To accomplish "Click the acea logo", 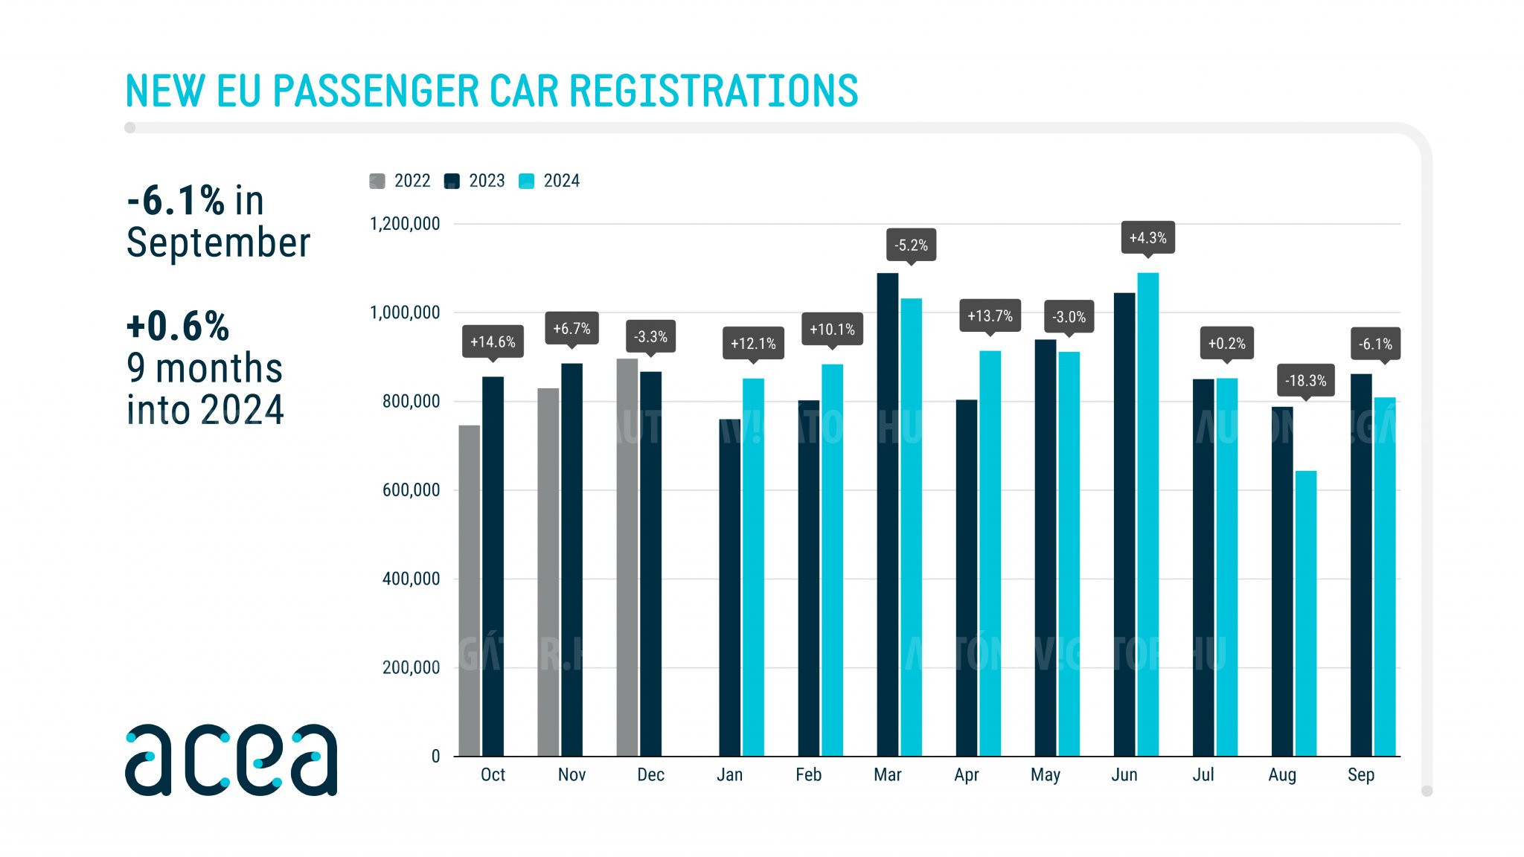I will [x=231, y=760].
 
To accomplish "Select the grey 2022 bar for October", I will [x=469, y=591].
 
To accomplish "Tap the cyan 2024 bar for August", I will [x=1305, y=613].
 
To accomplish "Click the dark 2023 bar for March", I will [x=887, y=514].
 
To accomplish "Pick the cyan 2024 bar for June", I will [x=1147, y=514].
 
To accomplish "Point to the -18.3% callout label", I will [x=1305, y=380].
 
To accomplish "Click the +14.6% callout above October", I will [x=493, y=341].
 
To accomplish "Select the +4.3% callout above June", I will [x=1147, y=237].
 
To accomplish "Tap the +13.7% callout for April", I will [x=990, y=315].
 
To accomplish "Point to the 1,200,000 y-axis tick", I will [x=405, y=224].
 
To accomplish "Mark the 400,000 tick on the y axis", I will [x=411, y=579].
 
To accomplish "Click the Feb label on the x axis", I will [x=808, y=774].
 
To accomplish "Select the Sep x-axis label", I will [x=1360, y=774].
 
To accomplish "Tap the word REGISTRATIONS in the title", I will [x=714, y=91].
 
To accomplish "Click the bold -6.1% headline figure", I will [x=176, y=200].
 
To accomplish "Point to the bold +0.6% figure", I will [x=178, y=326].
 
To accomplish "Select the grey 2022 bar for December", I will [x=627, y=557].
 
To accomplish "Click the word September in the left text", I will [x=218, y=243].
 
